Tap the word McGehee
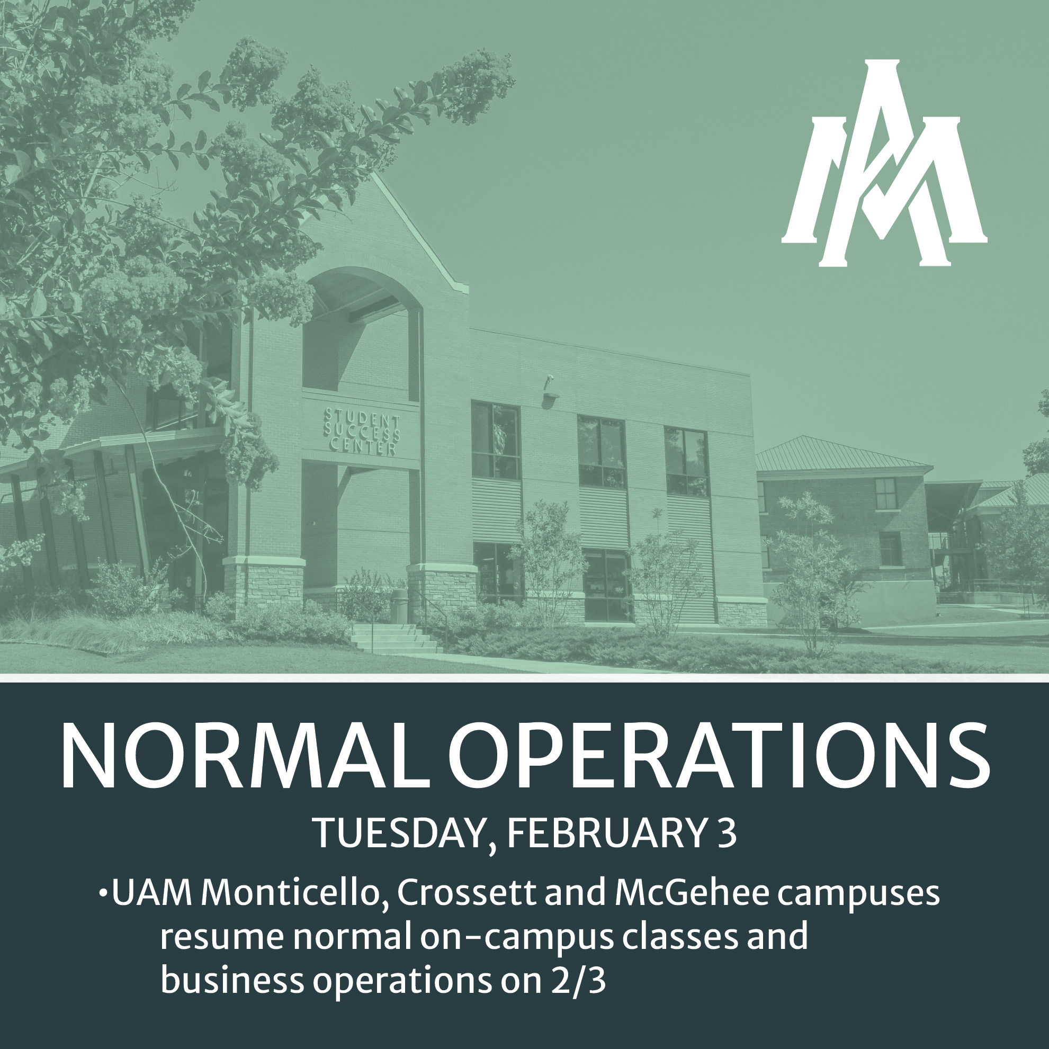(x=691, y=893)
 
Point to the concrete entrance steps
(x=393, y=638)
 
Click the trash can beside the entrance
(x=399, y=605)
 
